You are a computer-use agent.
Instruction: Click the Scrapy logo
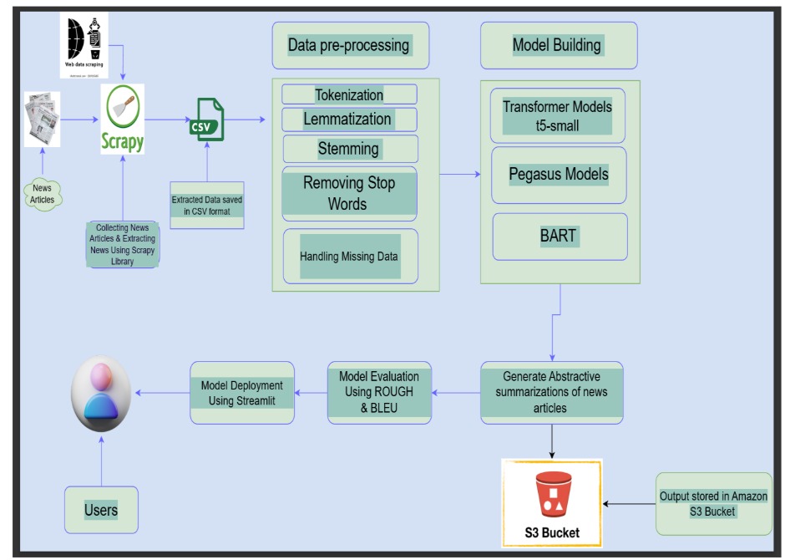(x=123, y=119)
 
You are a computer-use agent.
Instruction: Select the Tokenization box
(x=349, y=94)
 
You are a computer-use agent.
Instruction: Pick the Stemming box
(x=349, y=149)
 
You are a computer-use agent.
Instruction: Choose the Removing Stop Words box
(x=348, y=193)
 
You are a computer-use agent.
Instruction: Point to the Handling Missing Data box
(x=350, y=256)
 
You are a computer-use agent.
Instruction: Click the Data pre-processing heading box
(x=349, y=45)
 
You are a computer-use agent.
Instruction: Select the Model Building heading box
(x=557, y=45)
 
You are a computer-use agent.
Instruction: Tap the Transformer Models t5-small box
(x=557, y=115)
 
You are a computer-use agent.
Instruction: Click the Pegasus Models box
(x=559, y=176)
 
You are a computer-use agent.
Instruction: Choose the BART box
(x=559, y=236)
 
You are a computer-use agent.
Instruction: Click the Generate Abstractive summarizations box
(x=552, y=392)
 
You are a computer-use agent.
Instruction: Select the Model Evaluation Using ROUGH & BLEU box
(x=379, y=392)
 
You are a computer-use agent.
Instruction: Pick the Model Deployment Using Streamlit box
(x=242, y=392)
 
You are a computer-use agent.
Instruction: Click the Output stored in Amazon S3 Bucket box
(x=713, y=504)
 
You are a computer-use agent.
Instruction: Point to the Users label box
(x=101, y=510)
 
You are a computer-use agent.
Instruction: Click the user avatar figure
(x=101, y=393)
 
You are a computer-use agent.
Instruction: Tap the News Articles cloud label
(x=43, y=194)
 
